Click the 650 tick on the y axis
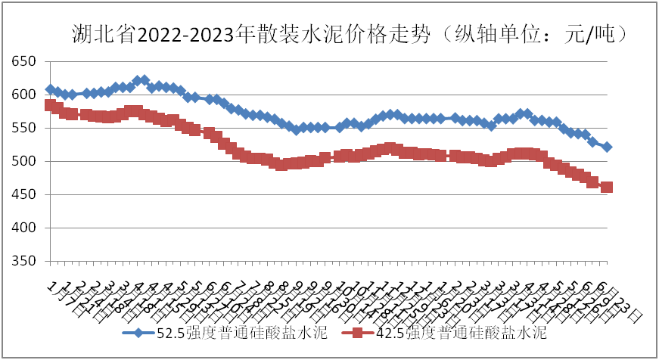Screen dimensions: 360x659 [23, 61]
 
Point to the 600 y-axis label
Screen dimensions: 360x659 [23, 95]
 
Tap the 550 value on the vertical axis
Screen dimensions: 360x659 [23, 128]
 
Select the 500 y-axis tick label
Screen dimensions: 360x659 [23, 161]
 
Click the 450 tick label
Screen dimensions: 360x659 [23, 194]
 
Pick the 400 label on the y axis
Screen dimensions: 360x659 [23, 228]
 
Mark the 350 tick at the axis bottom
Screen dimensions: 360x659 [23, 261]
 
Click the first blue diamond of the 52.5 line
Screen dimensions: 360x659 [51, 89]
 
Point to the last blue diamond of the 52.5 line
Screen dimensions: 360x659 [607, 147]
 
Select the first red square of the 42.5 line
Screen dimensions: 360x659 [51, 105]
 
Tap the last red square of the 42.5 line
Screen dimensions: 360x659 [607, 187]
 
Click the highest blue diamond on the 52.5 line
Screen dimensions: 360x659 [138, 80]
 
